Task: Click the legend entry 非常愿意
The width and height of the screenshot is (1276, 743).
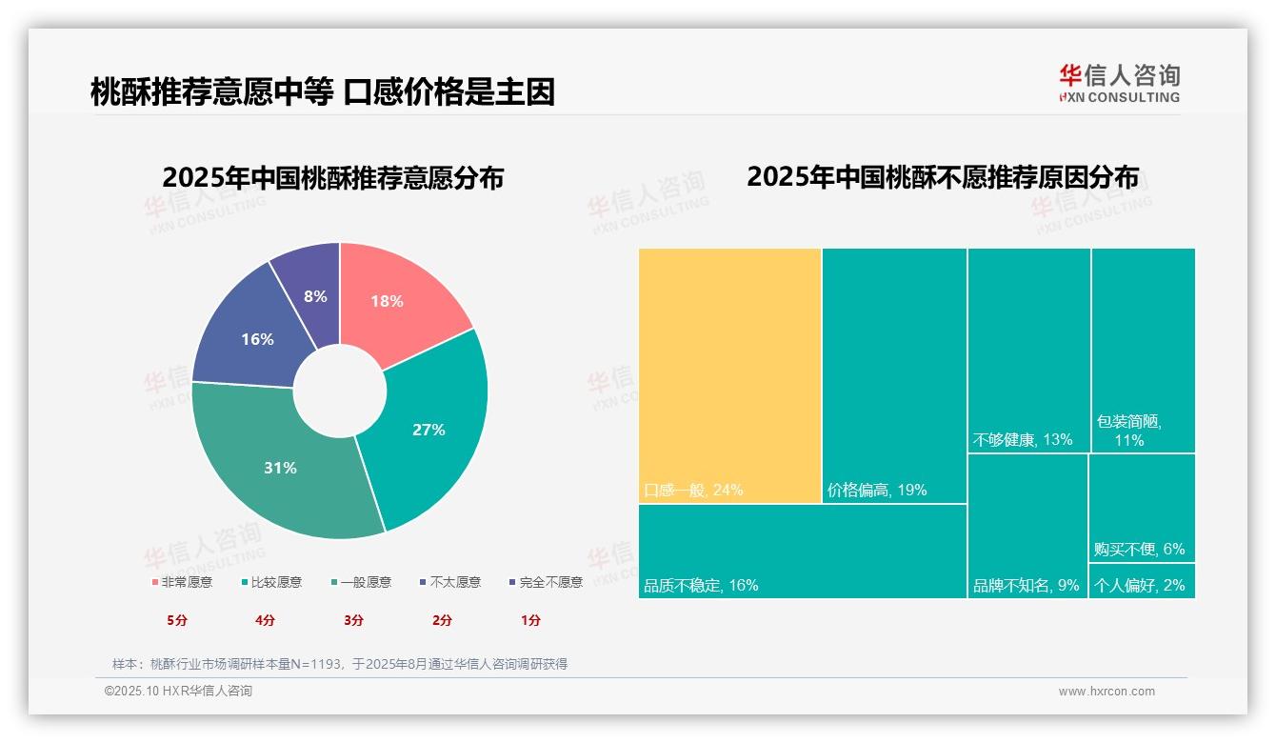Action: coord(182,582)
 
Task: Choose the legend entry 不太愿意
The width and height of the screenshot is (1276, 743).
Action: coord(450,582)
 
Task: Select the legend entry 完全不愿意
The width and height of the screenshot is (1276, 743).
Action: coord(546,582)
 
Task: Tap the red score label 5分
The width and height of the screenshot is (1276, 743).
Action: coord(177,620)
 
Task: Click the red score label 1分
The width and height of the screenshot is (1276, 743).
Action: coord(530,620)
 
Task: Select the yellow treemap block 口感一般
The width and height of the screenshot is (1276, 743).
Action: coord(729,375)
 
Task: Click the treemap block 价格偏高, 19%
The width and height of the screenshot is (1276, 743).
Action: coord(894,375)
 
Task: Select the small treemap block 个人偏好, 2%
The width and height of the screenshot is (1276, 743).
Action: coord(1142,581)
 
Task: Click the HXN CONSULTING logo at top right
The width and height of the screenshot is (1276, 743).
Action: coord(1119,83)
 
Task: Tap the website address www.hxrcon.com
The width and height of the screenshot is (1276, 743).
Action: coord(1107,692)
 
